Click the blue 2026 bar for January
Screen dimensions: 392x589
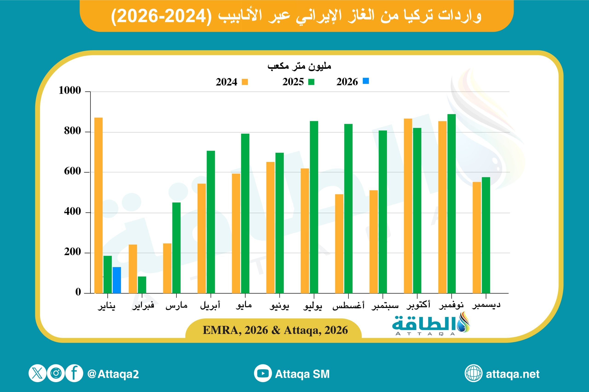point(117,280)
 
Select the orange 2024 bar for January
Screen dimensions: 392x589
point(98,205)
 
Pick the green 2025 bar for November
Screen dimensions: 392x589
point(451,203)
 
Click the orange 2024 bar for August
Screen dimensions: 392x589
point(339,243)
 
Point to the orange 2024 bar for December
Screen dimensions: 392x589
point(476,237)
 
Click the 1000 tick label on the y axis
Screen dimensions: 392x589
point(70,90)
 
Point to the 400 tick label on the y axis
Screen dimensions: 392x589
point(72,212)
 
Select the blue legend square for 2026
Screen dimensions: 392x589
point(366,81)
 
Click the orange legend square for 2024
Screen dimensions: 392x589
point(245,82)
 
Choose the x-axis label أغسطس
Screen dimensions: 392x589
point(348,305)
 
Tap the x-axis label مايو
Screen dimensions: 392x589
point(244,305)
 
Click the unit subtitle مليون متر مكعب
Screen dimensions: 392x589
point(299,66)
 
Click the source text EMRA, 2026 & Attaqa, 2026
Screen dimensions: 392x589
point(275,330)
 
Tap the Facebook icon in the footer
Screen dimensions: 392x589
point(74,373)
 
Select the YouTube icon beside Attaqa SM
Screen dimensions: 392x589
point(263,373)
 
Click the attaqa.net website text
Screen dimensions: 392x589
point(512,374)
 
